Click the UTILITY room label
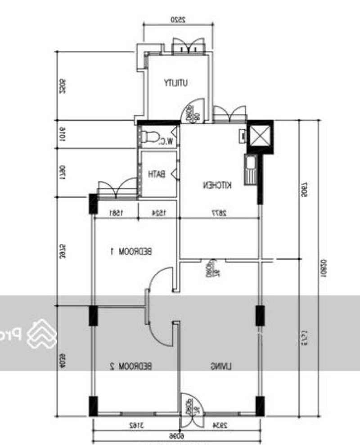[x=176, y=83]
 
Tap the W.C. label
[x=166, y=141]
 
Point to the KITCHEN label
[x=217, y=185]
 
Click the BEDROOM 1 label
[x=131, y=251]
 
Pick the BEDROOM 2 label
[x=131, y=366]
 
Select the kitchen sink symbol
[x=250, y=169]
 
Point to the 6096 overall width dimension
[x=175, y=436]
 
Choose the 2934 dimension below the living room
[x=220, y=425]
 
